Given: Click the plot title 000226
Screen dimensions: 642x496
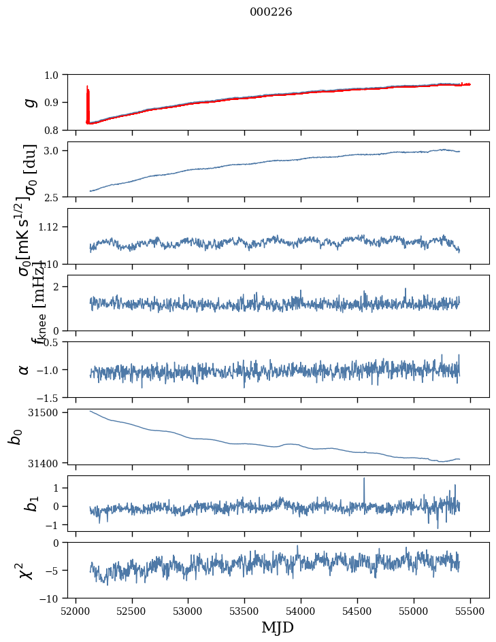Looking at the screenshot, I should point(271,12).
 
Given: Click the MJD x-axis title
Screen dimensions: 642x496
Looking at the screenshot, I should point(278,628).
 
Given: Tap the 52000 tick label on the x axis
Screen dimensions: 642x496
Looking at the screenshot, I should point(76,611).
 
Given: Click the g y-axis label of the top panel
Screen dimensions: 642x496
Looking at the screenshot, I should point(29,102).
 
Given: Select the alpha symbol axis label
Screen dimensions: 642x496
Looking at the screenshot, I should point(24,369).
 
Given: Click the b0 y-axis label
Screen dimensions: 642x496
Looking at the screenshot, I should point(15,437).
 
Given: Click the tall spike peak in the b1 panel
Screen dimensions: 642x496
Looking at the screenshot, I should point(364,479).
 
